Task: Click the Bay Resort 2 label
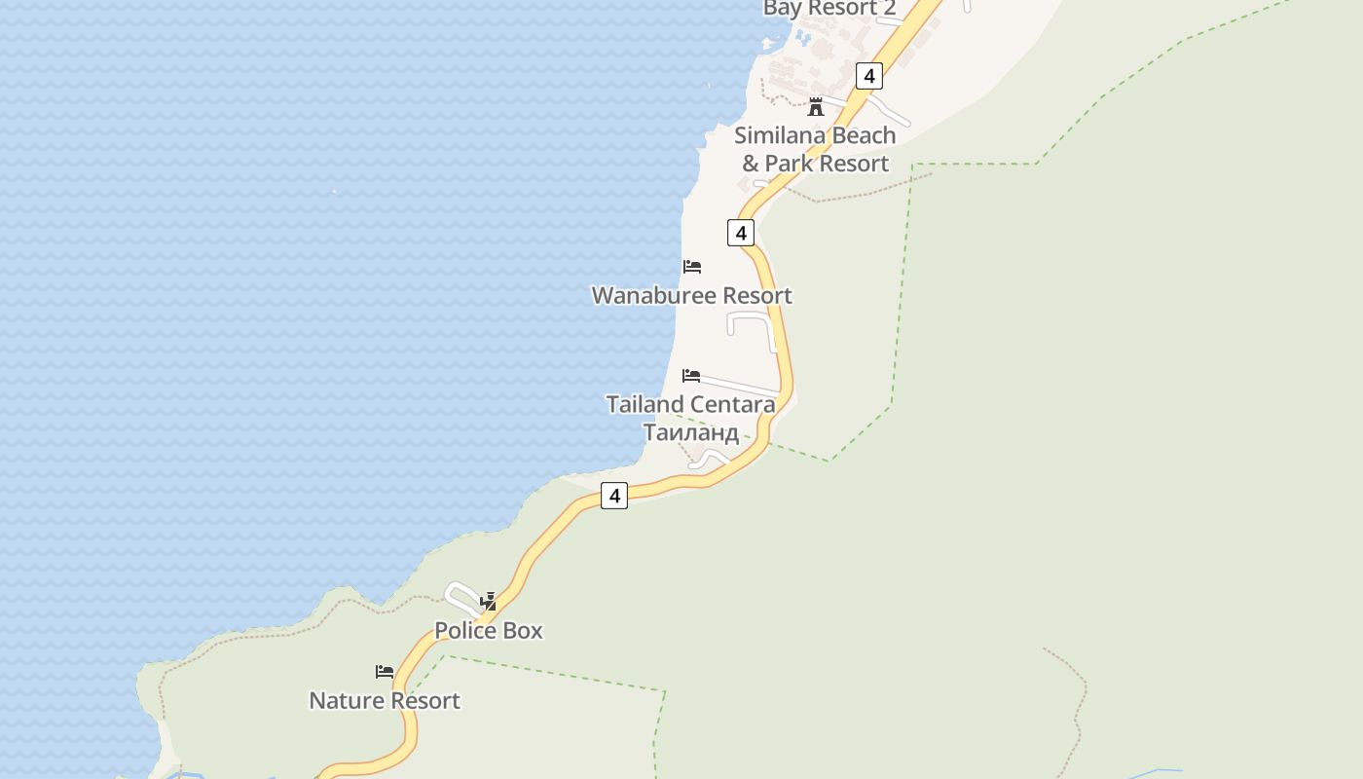click(x=829, y=9)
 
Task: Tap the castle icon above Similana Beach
click(x=816, y=106)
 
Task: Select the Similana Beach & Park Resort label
click(x=816, y=149)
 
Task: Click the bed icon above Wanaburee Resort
click(x=692, y=267)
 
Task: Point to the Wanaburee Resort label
click(x=692, y=295)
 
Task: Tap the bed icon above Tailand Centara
click(x=691, y=376)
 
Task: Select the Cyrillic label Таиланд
click(x=691, y=431)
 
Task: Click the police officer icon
click(x=489, y=602)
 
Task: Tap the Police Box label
click(x=489, y=630)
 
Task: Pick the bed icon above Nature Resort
click(x=385, y=672)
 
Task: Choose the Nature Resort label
click(x=385, y=700)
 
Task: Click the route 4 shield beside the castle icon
click(x=868, y=75)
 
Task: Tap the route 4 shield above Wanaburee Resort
click(x=741, y=233)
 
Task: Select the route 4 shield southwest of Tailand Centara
click(x=614, y=496)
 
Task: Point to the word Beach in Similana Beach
click(x=858, y=135)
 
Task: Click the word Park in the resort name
click(x=792, y=163)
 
